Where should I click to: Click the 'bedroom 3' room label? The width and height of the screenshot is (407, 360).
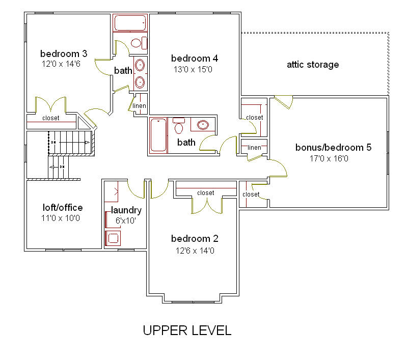(x=64, y=54)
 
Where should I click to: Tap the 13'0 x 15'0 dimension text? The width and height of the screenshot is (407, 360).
(x=193, y=69)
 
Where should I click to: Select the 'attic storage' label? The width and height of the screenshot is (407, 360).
(x=313, y=65)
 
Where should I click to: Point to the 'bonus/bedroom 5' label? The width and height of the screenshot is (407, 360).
(x=333, y=148)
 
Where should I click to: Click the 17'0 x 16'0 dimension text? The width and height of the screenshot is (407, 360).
(x=329, y=158)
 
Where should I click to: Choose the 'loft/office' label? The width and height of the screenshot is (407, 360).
(x=63, y=207)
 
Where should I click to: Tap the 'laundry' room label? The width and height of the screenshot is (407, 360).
(x=126, y=210)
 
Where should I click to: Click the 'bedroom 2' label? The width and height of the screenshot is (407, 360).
(x=195, y=238)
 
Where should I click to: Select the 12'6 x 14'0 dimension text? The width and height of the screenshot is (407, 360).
(x=195, y=251)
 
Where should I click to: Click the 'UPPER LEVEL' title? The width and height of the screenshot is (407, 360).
(x=187, y=330)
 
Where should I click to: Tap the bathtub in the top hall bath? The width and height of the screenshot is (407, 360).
(x=130, y=23)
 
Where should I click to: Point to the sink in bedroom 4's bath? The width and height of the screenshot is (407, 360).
(x=203, y=125)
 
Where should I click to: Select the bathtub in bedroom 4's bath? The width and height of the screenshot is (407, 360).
(x=158, y=135)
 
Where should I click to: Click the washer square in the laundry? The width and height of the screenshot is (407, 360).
(x=113, y=238)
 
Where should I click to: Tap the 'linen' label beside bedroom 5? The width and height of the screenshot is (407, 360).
(x=254, y=148)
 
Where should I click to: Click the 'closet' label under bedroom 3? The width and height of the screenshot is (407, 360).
(x=50, y=118)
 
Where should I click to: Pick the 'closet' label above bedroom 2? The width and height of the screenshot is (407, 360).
(x=206, y=193)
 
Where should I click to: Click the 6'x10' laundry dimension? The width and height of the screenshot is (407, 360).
(x=126, y=220)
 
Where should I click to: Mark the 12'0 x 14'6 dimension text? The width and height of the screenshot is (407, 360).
(x=61, y=64)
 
